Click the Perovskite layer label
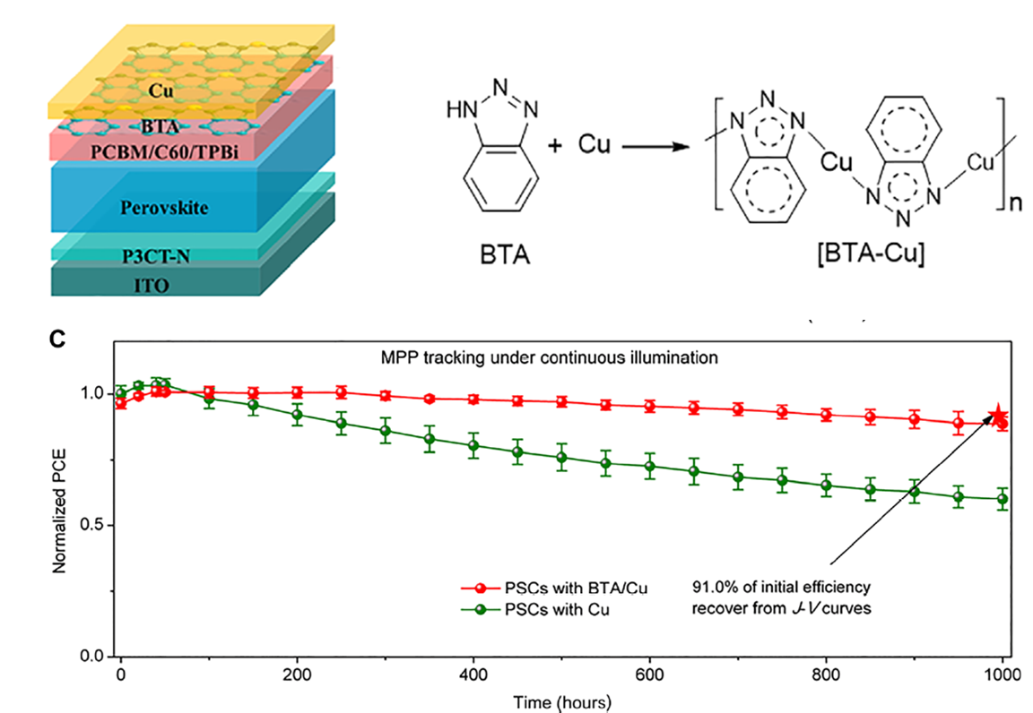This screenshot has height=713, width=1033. (164, 207)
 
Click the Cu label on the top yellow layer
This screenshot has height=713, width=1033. (161, 90)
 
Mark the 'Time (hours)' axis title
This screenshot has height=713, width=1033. (562, 700)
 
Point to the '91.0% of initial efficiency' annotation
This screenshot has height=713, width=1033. (780, 588)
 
